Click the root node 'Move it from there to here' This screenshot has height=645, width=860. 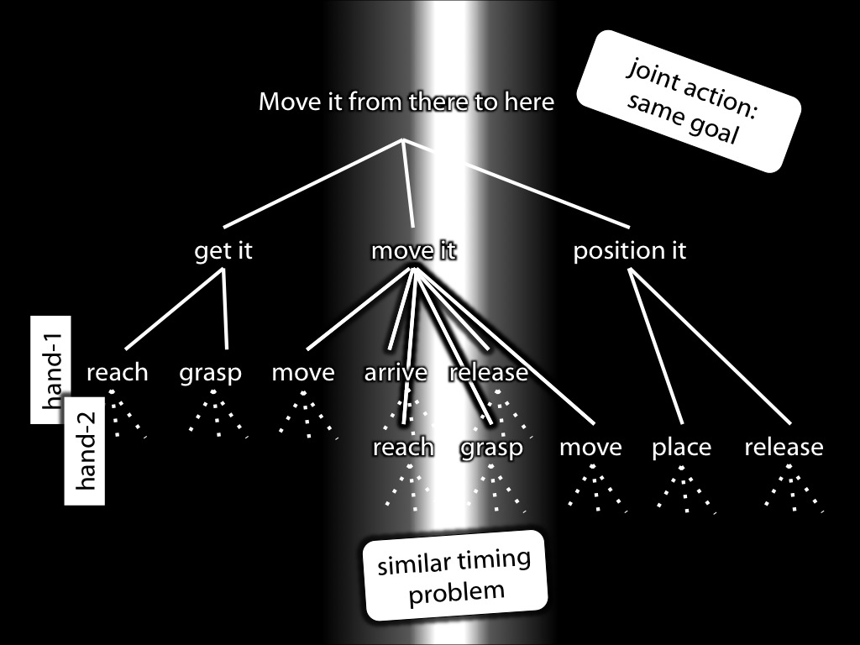[406, 102]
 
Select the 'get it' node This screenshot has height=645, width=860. [223, 250]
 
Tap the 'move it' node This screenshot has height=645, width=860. [413, 250]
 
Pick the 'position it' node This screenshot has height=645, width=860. [630, 250]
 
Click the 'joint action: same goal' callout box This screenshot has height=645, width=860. [689, 102]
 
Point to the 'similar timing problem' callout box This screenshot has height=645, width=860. [455, 576]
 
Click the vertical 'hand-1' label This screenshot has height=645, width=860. [50, 370]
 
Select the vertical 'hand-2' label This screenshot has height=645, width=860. [85, 451]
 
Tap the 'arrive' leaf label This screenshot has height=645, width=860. [396, 373]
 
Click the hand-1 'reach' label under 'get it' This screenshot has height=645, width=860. [118, 373]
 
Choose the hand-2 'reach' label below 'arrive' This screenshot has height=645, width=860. [404, 448]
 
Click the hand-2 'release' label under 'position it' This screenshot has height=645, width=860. [784, 448]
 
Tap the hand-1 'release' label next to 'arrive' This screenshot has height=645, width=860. [488, 373]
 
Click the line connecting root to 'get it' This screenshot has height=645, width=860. [313, 183]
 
